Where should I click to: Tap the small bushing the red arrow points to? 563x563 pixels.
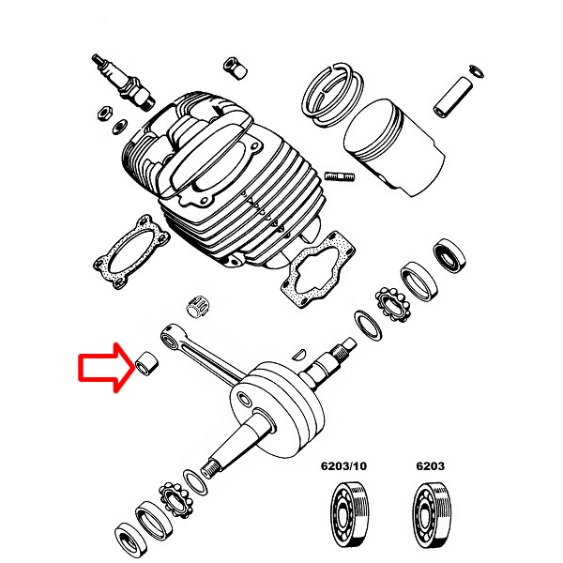tap(147, 363)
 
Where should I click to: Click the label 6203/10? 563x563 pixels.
tap(343, 466)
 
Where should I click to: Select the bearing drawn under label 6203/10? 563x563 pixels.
tap(349, 515)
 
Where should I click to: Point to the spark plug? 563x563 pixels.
tap(123, 82)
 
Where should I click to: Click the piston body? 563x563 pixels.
tap(394, 147)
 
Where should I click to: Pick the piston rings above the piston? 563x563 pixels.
tap(333, 95)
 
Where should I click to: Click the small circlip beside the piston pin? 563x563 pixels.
tap(477, 71)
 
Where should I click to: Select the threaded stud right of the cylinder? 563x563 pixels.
tap(340, 176)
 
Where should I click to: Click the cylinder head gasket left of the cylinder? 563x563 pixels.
tap(131, 251)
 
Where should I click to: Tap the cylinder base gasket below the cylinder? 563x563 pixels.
tap(318, 268)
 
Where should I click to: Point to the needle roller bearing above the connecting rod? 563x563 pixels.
tap(197, 306)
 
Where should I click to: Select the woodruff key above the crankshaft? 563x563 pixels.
tap(298, 354)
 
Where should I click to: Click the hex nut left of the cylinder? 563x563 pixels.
tap(105, 114)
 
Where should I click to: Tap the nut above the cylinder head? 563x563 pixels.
tap(235, 68)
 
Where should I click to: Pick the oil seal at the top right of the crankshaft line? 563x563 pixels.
tap(449, 255)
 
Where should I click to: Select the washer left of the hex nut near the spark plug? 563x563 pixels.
tap(119, 127)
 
